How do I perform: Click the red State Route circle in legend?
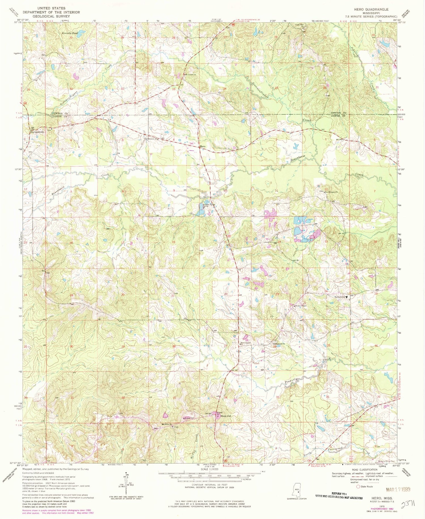click(358, 486)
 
